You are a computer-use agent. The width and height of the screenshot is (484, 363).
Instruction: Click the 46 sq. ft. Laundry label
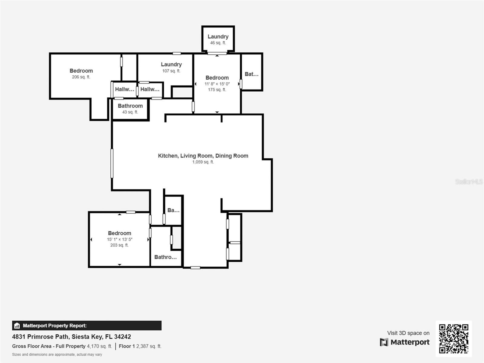pyautogui.click(x=218, y=37)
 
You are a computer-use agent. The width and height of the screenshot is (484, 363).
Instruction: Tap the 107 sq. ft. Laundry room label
pyautogui.click(x=171, y=64)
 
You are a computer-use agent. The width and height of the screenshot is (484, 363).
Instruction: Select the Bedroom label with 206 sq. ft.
pyautogui.click(x=81, y=71)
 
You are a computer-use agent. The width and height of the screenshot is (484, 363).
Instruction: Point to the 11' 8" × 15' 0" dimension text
pyautogui.click(x=217, y=84)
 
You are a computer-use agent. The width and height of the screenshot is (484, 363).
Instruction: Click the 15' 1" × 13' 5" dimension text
pyautogui.click(x=119, y=239)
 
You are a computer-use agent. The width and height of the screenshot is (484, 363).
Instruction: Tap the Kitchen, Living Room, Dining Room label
pyautogui.click(x=203, y=156)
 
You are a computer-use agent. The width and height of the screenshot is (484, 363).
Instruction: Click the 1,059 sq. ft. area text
pyautogui.click(x=203, y=162)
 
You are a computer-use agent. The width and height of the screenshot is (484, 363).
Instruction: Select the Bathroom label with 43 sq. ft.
pyautogui.click(x=130, y=106)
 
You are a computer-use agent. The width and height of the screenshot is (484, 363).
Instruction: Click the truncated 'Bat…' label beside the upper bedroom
pyautogui.click(x=252, y=74)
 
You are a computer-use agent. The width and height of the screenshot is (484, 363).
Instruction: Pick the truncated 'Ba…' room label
pyautogui.click(x=174, y=210)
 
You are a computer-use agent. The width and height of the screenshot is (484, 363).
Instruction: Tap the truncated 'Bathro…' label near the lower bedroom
pyautogui.click(x=165, y=257)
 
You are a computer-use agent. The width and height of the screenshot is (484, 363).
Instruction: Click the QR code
pyautogui.click(x=453, y=339)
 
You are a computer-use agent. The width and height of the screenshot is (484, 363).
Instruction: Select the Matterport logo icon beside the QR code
pyautogui.click(x=384, y=342)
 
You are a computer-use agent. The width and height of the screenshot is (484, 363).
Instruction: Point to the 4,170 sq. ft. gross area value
pyautogui.click(x=100, y=346)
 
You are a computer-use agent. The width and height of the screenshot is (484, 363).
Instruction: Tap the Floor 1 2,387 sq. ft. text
pyautogui.click(x=140, y=346)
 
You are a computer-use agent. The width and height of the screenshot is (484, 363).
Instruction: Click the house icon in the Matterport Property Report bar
pyautogui.click(x=17, y=325)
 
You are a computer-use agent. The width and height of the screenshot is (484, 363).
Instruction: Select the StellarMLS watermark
pyautogui.click(x=469, y=181)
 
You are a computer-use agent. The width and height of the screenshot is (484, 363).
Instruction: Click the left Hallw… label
pyautogui.click(x=125, y=89)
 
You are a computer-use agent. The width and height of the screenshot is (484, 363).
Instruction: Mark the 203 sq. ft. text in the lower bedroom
pyautogui.click(x=119, y=245)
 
